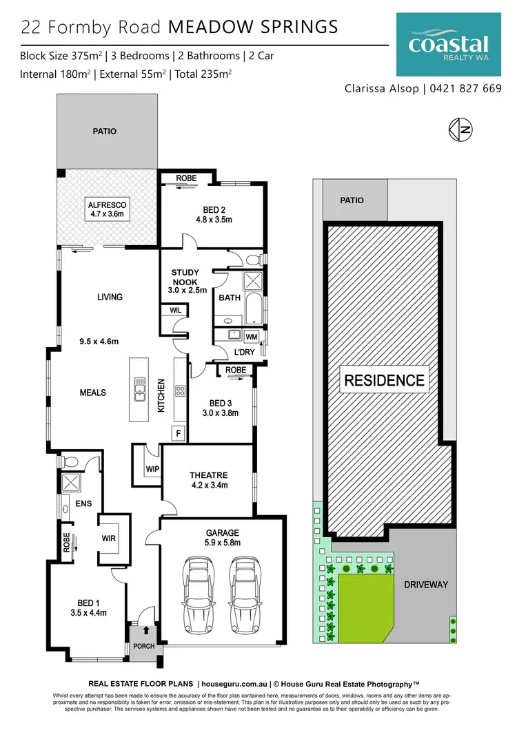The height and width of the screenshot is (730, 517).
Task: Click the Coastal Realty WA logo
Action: pyautogui.click(x=448, y=45)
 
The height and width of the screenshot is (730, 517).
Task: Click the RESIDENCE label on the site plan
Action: pyautogui.click(x=384, y=380)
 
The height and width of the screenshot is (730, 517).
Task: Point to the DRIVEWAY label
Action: pyautogui.click(x=425, y=585)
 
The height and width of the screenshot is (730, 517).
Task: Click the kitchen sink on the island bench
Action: pyautogui.click(x=139, y=390)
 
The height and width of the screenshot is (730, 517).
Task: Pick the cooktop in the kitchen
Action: pyautogui.click(x=181, y=391)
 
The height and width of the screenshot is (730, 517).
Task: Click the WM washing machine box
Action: pyautogui.click(x=252, y=336)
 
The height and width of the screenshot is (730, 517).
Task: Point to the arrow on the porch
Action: pyautogui.click(x=145, y=629)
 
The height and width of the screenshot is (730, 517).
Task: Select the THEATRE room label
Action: pyautogui.click(x=208, y=475)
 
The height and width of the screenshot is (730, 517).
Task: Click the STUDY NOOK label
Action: pyautogui.click(x=184, y=278)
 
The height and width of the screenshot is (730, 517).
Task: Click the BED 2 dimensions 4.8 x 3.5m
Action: pyautogui.click(x=214, y=220)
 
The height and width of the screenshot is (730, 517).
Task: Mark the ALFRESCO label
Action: pyautogui.click(x=105, y=205)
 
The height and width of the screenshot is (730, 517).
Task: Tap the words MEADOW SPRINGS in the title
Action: pyautogui.click(x=253, y=27)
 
